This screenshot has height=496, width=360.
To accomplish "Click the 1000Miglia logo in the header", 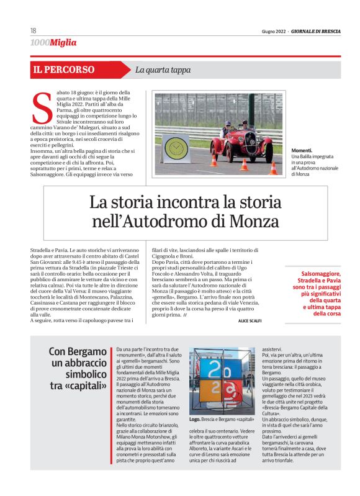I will point(53,43).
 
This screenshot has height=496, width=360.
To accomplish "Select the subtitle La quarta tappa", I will point(163,70).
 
